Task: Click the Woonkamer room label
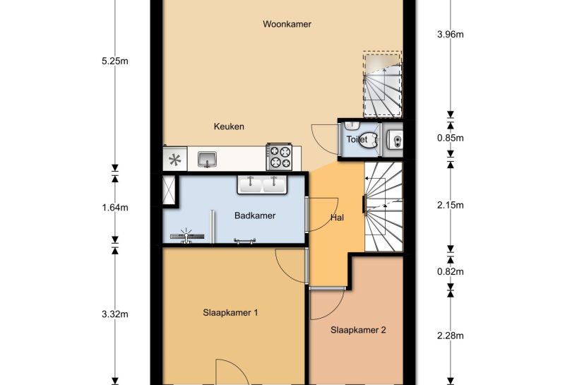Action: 287,24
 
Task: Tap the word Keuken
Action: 229,126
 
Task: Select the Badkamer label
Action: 254,216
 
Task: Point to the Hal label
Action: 337,218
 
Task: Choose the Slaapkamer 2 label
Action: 358,329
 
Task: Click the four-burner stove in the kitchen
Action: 279,157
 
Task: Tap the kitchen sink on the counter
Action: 207,158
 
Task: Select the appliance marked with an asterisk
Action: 175,160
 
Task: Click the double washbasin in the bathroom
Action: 262,184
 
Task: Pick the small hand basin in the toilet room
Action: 394,140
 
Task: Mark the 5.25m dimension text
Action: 114,61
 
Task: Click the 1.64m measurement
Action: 114,208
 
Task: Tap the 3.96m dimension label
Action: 449,34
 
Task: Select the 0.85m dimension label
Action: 449,138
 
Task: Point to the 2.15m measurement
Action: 449,206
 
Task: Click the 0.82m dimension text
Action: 449,272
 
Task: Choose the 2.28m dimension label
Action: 449,336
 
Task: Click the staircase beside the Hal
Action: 383,206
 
